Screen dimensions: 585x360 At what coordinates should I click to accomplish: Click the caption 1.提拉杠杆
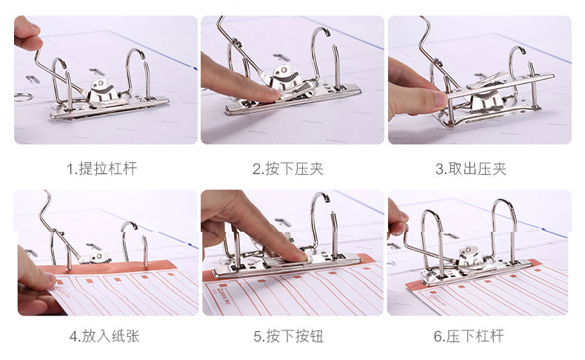pos(102,169)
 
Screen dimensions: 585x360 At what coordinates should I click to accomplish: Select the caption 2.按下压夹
pos(288,169)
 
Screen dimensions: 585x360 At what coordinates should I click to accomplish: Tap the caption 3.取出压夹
pos(471,169)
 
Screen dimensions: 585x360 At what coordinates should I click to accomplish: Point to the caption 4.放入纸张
pos(104,336)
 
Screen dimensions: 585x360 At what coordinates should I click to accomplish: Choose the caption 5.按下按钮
pos(288,336)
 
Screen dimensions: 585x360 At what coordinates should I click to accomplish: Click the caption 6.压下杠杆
pos(469,336)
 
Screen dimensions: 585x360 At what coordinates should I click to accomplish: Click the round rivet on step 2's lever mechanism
pos(284,70)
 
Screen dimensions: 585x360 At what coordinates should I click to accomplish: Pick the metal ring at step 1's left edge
pos(24,97)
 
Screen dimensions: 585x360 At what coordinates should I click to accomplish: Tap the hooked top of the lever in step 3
pos(426,21)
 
